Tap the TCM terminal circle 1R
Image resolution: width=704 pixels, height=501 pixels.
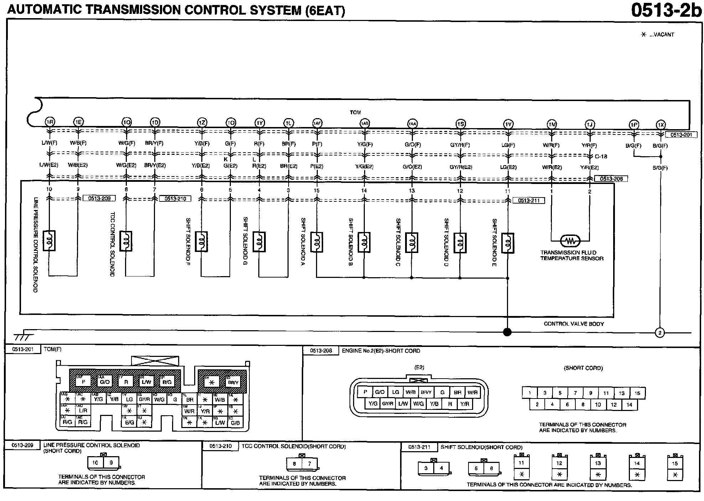pos(50,122)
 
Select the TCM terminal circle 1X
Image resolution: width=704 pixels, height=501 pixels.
pos(661,125)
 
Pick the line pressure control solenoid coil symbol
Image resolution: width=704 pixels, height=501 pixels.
pos(49,241)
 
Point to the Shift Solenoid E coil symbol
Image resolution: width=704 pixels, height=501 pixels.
pos(507,243)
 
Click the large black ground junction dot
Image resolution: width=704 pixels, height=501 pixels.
pos(507,332)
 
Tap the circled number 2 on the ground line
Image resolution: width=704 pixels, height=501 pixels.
pos(660,333)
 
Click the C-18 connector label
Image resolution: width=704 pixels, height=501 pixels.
pos(601,156)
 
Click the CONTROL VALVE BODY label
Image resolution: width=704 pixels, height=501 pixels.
pos(574,324)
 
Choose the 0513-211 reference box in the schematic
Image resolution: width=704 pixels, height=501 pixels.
pos(529,201)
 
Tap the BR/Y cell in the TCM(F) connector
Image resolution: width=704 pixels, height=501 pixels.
pos(233,383)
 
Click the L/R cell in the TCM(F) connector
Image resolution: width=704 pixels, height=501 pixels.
pos(83,411)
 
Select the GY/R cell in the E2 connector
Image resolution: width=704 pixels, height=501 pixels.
pos(388,404)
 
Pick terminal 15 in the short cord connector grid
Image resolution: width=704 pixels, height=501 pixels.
pos(637,393)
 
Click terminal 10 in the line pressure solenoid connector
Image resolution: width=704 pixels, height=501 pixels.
pos(95,463)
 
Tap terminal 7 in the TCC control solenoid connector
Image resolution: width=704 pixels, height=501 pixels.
pos(310,464)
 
